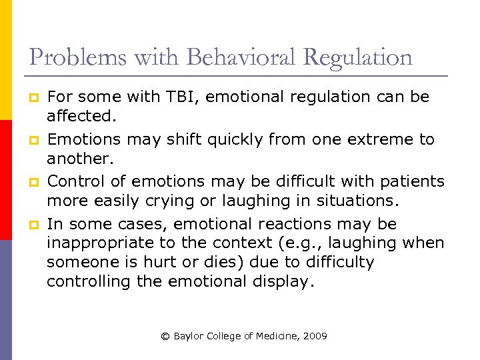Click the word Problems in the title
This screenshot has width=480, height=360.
pos(69,58)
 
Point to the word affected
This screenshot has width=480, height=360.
pos(80,116)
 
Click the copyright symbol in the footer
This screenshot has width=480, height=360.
pos(165,337)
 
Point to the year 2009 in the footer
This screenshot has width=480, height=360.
pos(314,337)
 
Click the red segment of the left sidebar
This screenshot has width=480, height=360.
pos(6,180)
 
